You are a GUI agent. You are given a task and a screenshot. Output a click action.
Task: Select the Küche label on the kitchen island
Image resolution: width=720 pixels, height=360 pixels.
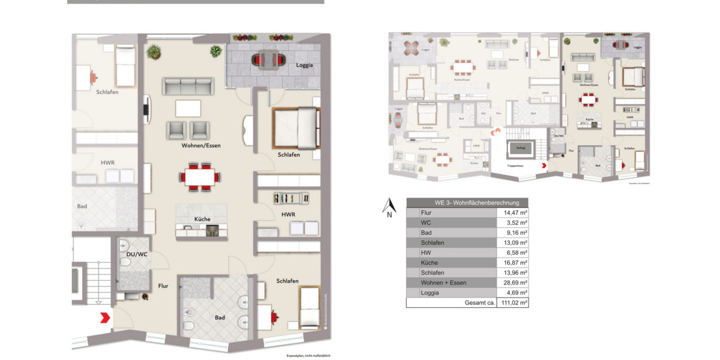[202, 219]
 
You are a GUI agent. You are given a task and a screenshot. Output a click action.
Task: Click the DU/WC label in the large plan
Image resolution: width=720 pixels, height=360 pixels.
[137, 254]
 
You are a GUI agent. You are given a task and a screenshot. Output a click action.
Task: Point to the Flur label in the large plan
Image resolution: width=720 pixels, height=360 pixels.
[163, 286]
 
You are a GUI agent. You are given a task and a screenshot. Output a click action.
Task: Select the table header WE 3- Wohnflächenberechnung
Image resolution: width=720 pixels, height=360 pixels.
[467, 203]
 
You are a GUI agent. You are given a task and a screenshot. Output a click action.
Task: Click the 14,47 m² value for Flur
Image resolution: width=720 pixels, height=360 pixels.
[515, 212]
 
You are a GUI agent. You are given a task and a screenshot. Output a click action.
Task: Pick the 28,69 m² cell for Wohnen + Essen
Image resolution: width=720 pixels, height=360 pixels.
[515, 283]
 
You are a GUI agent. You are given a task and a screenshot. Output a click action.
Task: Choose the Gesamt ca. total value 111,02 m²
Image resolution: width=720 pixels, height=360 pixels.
[515, 303]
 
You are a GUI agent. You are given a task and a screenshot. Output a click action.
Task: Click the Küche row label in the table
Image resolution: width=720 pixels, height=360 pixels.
[430, 263]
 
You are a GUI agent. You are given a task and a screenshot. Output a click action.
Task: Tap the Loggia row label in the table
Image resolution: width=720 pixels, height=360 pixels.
[431, 293]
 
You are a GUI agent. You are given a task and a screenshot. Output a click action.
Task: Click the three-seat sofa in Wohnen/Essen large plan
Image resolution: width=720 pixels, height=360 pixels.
[187, 86]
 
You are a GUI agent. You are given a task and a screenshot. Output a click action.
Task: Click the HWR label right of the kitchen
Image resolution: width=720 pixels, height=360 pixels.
[288, 214]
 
